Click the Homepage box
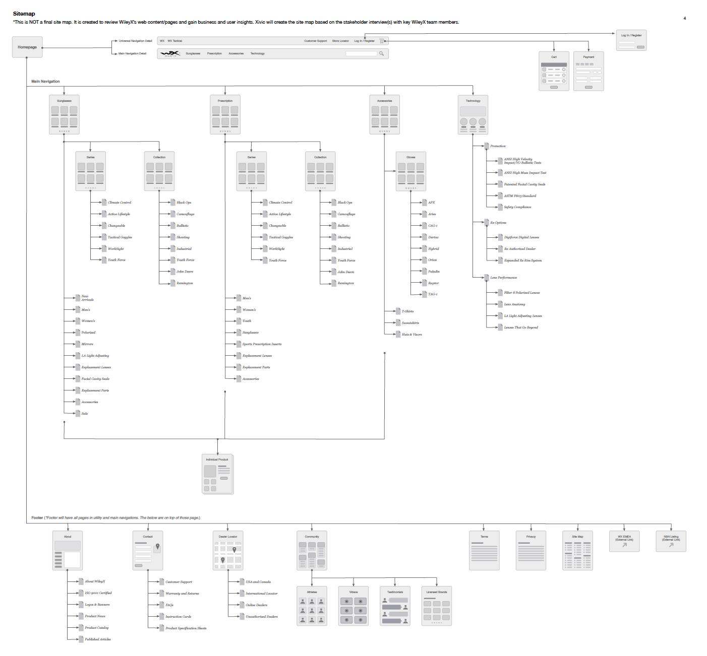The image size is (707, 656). (27, 47)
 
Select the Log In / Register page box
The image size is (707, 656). (631, 40)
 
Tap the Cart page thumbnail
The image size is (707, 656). (554, 71)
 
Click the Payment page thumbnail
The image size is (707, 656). (588, 71)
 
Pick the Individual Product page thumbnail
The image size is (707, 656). (217, 474)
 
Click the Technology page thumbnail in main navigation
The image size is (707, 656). (473, 115)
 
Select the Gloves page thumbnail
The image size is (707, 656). (411, 171)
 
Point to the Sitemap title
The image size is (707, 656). (24, 14)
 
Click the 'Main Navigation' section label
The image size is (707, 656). (45, 81)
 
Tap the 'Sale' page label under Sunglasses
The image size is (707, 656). (85, 414)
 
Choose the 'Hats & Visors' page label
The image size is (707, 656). (412, 335)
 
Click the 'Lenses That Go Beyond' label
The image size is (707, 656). (521, 327)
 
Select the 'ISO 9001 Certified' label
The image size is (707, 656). (98, 593)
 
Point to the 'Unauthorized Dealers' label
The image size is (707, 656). (262, 617)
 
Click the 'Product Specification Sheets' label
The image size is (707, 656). (186, 628)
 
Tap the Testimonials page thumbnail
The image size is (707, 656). (395, 606)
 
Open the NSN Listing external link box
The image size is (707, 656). (671, 541)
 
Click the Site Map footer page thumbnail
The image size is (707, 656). (577, 550)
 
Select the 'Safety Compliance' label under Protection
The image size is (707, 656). (517, 207)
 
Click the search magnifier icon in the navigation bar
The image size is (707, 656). (382, 53)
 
